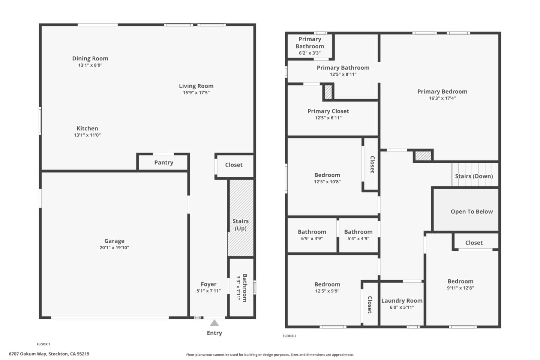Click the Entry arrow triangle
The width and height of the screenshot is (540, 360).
(x=214, y=323)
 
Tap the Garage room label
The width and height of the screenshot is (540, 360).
(x=114, y=241)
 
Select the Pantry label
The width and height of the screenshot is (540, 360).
(x=164, y=162)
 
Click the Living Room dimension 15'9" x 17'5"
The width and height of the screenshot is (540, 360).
(x=196, y=93)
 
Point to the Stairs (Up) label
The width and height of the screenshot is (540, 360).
(x=240, y=225)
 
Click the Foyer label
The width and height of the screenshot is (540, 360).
(x=208, y=284)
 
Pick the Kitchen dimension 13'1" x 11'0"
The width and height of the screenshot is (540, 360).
(x=87, y=135)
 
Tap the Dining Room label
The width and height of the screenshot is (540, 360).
(x=90, y=58)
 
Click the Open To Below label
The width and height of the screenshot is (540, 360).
(x=472, y=211)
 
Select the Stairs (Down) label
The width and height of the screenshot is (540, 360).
(x=474, y=176)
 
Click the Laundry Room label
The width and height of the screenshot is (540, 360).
(x=402, y=301)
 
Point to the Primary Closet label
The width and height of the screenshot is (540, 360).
(x=328, y=111)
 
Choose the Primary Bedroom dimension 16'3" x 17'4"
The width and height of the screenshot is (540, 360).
(x=442, y=98)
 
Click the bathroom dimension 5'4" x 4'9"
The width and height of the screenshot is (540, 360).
(x=358, y=238)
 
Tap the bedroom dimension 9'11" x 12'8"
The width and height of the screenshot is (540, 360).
(x=460, y=288)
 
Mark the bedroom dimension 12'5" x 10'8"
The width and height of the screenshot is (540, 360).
(x=327, y=182)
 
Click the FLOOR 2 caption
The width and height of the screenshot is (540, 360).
(x=289, y=336)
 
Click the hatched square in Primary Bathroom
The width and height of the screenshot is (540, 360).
(x=328, y=92)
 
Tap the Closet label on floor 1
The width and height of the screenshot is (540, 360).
(x=234, y=165)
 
